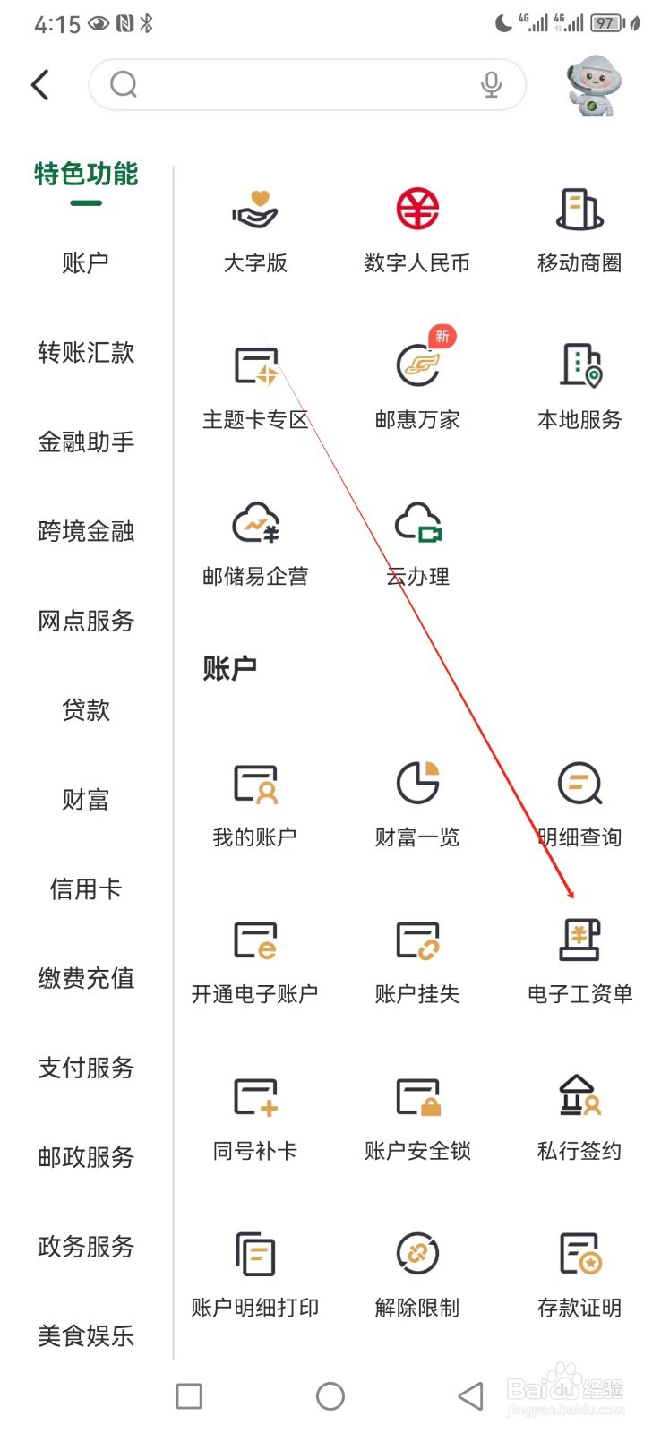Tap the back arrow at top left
(40, 85)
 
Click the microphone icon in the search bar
(491, 84)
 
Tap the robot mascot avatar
(593, 86)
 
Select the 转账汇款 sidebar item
(86, 352)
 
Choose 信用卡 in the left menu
(86, 888)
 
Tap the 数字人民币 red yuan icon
(417, 210)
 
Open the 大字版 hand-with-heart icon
(255, 210)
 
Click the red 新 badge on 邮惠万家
(442, 337)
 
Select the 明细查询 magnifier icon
(579, 784)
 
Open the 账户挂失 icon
(417, 940)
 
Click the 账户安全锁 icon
(417, 1097)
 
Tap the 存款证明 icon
(579, 1254)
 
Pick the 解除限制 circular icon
(417, 1254)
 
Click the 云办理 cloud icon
(417, 523)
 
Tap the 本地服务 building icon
(579, 365)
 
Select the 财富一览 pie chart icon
(417, 783)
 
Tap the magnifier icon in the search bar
(124, 85)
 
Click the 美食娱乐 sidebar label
(86, 1335)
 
